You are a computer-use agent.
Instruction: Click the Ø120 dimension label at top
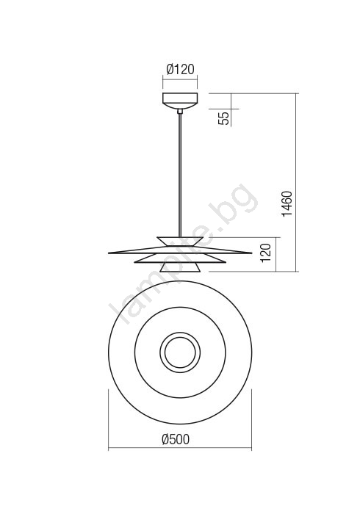coord(180,70)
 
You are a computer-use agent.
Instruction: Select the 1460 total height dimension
coord(287,203)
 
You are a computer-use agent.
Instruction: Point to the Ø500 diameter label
coord(176,439)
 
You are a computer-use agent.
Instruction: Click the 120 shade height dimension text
coord(266,253)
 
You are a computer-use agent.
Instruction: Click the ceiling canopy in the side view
coord(180,101)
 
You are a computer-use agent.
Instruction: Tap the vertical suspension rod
coord(180,175)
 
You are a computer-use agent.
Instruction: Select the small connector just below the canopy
coord(180,112)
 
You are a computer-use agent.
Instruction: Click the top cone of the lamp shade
coord(180,241)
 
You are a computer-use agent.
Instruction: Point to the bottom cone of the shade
coord(180,267)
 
